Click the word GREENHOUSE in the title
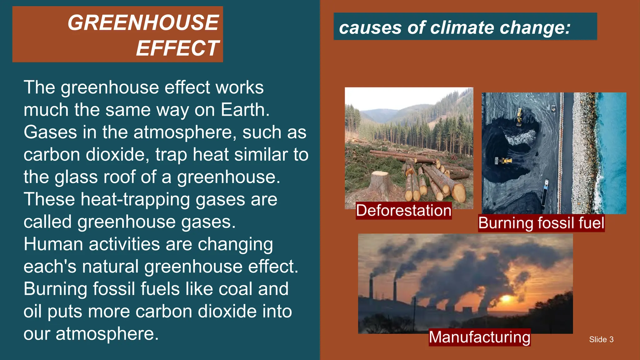tap(143, 23)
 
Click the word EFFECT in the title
tap(177, 48)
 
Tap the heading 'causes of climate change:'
tap(455, 27)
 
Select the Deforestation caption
tap(403, 210)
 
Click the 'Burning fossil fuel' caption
tap(541, 223)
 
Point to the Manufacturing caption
tap(479, 337)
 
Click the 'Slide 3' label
tap(601, 339)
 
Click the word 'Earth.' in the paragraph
tap(245, 110)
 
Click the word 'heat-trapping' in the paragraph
tap(135, 200)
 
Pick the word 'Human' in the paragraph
tap(53, 244)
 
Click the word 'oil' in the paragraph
tap(32, 312)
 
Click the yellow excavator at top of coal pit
tap(519, 116)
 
